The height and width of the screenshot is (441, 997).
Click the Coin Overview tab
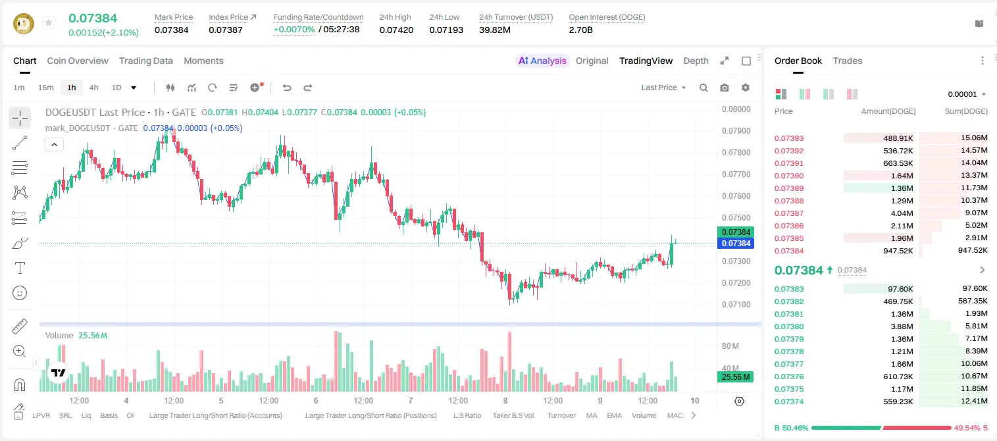(78, 61)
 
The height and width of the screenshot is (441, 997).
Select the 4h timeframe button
(93, 88)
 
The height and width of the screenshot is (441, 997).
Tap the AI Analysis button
(542, 61)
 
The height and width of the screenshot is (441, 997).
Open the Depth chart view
(696, 61)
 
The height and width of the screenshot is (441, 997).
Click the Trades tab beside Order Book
(848, 61)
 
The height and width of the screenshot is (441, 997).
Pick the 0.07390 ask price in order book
(789, 176)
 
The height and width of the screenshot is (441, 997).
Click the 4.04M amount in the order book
(902, 213)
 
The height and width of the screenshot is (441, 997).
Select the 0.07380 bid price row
(789, 326)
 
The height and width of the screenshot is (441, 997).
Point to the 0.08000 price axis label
(736, 109)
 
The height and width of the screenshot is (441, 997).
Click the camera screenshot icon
(725, 88)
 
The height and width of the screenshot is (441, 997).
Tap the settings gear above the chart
(746, 88)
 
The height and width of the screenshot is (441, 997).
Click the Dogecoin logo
(24, 24)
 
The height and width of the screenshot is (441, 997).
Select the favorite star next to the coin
(49, 22)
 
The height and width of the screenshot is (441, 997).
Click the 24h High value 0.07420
(396, 30)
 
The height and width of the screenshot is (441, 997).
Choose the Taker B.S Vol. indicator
(513, 415)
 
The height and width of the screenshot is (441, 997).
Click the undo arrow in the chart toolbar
(287, 88)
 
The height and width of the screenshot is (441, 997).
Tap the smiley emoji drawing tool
(20, 293)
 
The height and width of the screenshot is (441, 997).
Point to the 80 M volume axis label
(730, 346)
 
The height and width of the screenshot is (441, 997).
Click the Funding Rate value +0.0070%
(294, 30)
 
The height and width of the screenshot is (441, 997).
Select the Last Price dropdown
(663, 88)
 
